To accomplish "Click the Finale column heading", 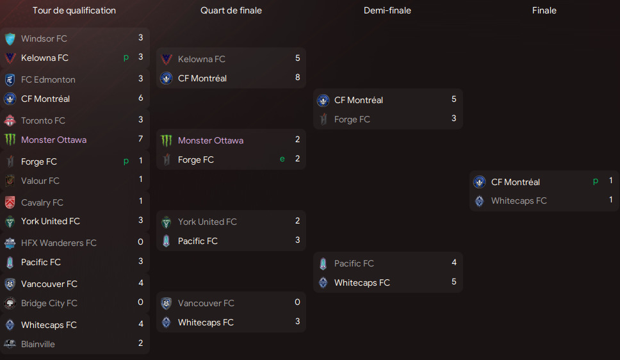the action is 544,10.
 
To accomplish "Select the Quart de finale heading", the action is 231,10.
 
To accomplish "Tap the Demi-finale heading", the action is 387,10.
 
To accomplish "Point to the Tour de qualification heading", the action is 74,10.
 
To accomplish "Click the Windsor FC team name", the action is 44,39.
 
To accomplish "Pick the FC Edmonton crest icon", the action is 10,79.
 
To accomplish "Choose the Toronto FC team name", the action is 43,120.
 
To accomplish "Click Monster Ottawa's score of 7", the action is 140,139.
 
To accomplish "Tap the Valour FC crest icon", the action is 10,181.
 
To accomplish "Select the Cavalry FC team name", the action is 42,202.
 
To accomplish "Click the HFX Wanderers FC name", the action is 58,243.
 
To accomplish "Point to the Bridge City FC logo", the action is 10,303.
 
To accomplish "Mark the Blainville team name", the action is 38,344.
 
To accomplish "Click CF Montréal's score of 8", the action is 297,78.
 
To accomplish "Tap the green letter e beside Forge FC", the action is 282,159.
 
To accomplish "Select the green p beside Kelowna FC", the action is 126,58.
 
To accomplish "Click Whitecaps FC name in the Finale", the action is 519,201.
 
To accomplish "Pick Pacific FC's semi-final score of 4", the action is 454,262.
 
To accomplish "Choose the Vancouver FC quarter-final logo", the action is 167,304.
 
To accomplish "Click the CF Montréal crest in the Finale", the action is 479,182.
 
